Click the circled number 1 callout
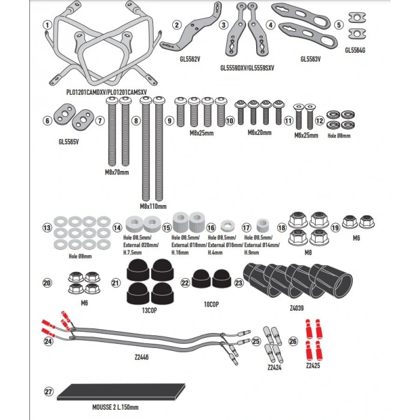[x=47, y=25]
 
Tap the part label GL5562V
[x=190, y=59]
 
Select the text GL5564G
[x=355, y=50]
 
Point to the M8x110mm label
[x=153, y=206]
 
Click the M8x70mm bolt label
[x=117, y=172]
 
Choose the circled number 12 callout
[x=319, y=121]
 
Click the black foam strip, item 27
[x=121, y=392]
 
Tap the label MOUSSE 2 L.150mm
[x=115, y=407]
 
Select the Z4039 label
[x=297, y=308]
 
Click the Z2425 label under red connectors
[x=313, y=365]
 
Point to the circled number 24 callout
[x=49, y=341]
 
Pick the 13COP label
[x=149, y=310]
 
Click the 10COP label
[x=211, y=304]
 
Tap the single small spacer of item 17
[x=263, y=225]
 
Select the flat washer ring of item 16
[x=227, y=226]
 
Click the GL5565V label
[x=69, y=142]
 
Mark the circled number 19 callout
[x=335, y=227]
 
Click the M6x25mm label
[x=306, y=135]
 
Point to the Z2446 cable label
[x=142, y=357]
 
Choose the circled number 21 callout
[x=116, y=283]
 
